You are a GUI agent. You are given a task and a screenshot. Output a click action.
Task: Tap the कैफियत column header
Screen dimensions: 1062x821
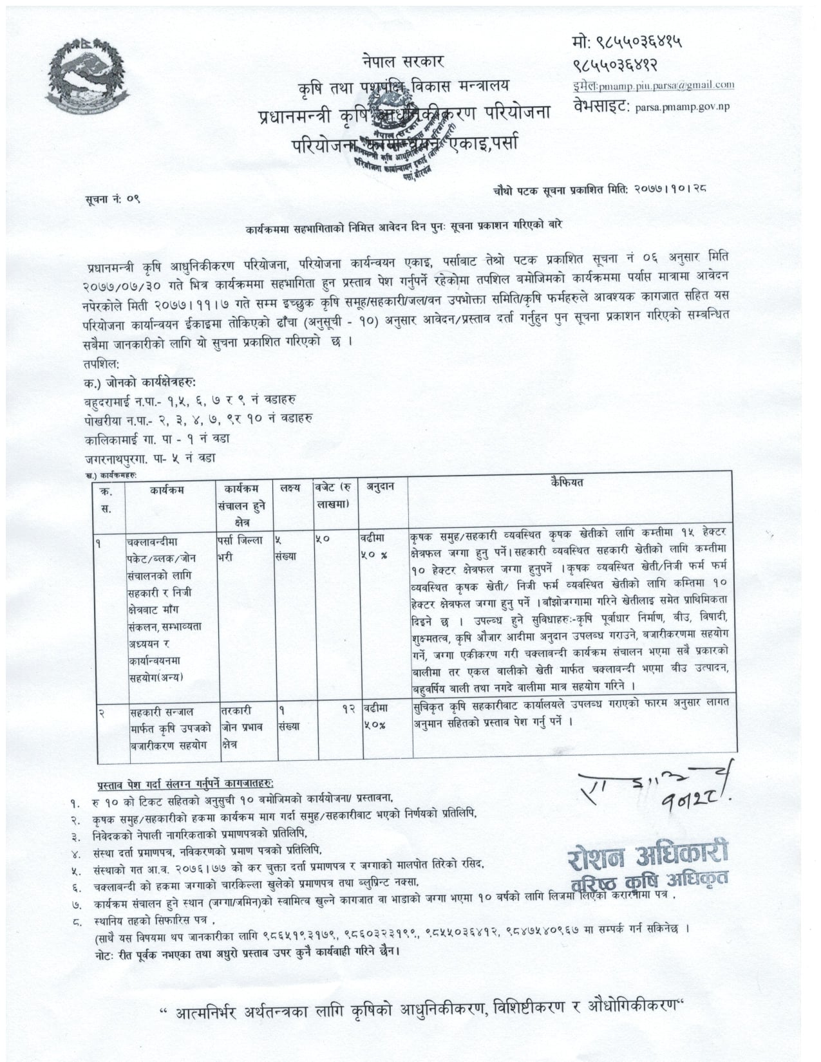567,482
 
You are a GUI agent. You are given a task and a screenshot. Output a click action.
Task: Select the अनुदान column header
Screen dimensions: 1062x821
381,487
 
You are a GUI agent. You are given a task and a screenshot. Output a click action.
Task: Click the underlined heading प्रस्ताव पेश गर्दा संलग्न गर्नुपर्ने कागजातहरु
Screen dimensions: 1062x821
185,784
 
